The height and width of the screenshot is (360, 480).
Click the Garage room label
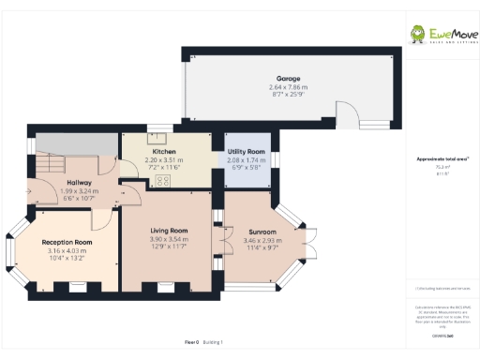tap(288, 78)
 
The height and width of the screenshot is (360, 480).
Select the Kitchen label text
tap(164, 151)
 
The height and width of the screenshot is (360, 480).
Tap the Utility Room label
tap(247, 151)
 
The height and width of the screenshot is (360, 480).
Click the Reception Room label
tap(67, 242)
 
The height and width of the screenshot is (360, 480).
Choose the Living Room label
tap(170, 231)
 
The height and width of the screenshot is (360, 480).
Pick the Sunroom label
tap(262, 232)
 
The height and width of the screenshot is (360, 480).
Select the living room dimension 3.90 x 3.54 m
tap(170, 239)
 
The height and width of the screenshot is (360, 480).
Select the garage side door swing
tap(348, 118)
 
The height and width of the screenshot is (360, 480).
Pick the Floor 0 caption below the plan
tap(190, 344)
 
